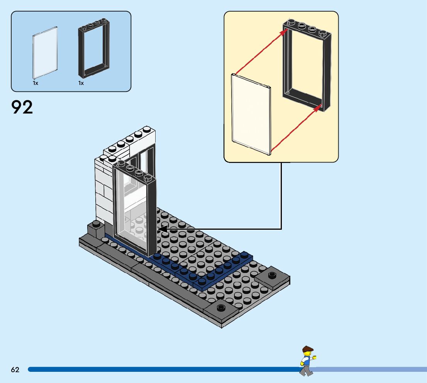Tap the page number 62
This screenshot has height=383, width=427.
point(15,369)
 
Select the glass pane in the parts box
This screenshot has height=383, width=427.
point(45,52)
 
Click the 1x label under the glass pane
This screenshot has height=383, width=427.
point(36,83)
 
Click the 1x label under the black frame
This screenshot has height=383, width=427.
point(81,83)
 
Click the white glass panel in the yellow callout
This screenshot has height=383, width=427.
point(251,114)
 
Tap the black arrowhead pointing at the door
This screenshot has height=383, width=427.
point(161,229)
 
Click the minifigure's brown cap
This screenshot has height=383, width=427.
point(307,349)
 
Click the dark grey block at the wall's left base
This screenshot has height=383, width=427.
point(95,229)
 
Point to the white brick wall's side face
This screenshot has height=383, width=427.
point(103,189)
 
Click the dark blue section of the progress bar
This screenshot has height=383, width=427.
point(154,369)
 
